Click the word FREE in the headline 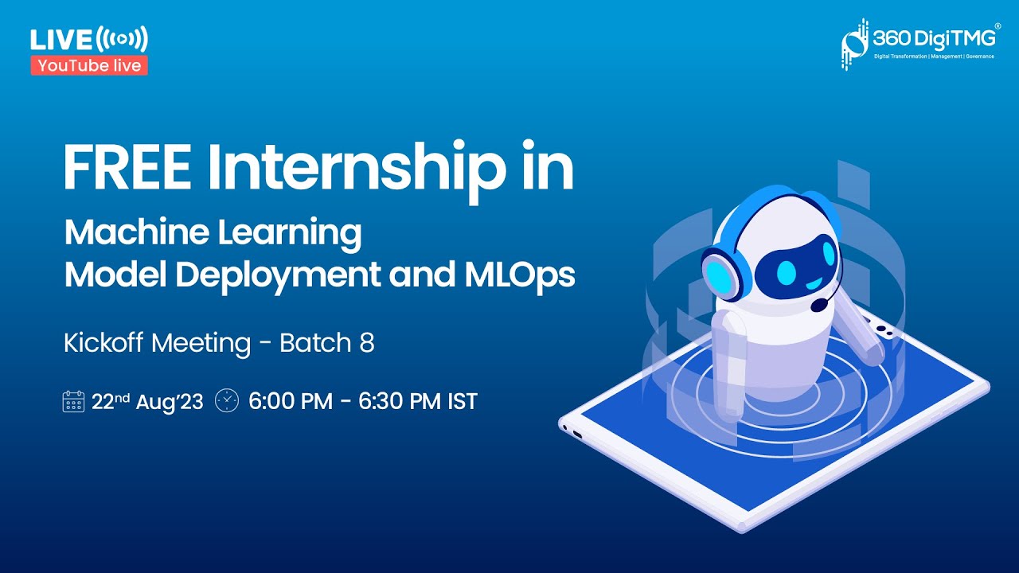coord(127,170)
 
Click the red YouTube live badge coord(89,66)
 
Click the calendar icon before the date coord(73,401)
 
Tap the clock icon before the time coord(227,400)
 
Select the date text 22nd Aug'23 coord(147,401)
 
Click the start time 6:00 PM coord(291,401)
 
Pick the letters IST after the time coord(462,401)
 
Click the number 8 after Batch coord(367,343)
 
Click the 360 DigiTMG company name coord(934,38)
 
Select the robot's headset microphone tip coord(818,305)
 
